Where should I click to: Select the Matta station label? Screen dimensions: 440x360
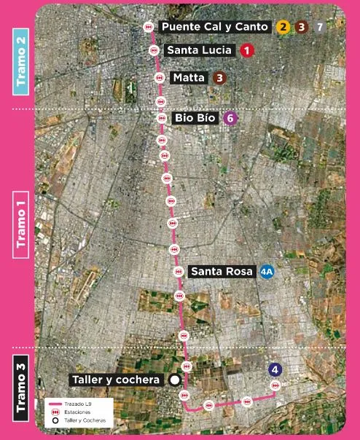click(189, 77)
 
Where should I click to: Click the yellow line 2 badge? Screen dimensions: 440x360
click(283, 27)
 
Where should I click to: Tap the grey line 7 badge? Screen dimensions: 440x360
click(320, 27)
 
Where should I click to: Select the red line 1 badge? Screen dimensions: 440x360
click(247, 50)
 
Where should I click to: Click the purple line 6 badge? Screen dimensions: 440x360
click(230, 117)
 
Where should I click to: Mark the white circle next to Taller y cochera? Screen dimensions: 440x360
click(174, 380)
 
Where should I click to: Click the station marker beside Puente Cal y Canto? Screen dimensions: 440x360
click(148, 26)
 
